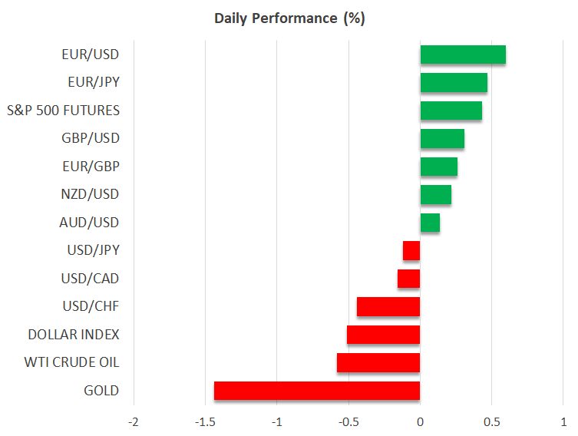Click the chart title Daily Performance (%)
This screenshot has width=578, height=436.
[x=289, y=18]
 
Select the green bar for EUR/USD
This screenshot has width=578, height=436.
[x=463, y=54]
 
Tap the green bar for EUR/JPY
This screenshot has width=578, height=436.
[x=454, y=82]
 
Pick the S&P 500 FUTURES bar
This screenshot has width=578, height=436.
[x=451, y=111]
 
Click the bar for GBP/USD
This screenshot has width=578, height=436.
[x=442, y=138]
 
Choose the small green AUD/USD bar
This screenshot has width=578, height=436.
[x=430, y=223]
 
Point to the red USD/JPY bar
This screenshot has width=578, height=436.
[x=411, y=250]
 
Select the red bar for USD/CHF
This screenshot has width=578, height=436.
[x=388, y=306]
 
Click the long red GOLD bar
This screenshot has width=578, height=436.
[x=317, y=391]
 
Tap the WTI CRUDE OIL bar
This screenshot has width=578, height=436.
[x=378, y=362]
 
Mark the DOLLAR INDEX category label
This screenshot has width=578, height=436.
[x=74, y=335]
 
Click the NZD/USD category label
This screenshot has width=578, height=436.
[x=91, y=194]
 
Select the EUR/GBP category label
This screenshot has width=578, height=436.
[x=91, y=166]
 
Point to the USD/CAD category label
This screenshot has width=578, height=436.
[x=91, y=278]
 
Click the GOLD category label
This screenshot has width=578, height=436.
[x=102, y=391]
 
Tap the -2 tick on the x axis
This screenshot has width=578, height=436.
[x=134, y=422]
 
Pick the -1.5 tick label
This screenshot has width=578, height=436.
[x=205, y=422]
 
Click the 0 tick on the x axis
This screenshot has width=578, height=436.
[x=420, y=422]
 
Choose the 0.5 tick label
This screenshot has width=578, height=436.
[x=492, y=422]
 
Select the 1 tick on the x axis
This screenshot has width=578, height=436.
[x=563, y=422]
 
